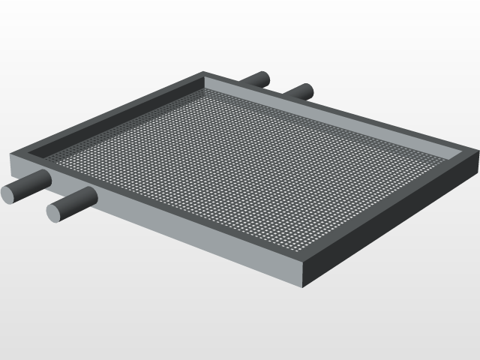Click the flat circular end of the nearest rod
tap(55, 212)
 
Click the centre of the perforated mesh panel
tap(247, 161)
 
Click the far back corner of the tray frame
tap(205, 73)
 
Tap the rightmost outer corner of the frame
tap(477, 153)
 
